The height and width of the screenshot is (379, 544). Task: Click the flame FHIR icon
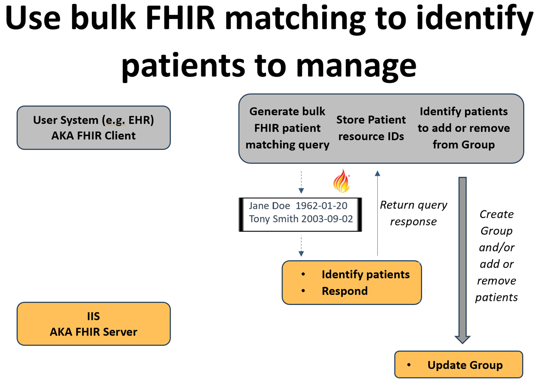[x=341, y=181]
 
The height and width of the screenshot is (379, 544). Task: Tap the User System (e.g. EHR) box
[x=93, y=128]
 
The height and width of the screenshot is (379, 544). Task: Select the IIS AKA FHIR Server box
[x=93, y=324]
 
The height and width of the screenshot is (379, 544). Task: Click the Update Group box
[x=458, y=364]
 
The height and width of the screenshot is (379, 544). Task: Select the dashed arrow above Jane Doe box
[x=301, y=182]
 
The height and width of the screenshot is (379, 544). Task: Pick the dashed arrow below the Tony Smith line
[x=301, y=246]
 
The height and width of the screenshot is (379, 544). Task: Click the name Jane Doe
[x=269, y=206]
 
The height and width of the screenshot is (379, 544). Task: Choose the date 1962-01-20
[x=321, y=206]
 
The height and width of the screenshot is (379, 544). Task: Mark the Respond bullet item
[x=344, y=291]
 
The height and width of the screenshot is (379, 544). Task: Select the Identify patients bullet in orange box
[x=365, y=274]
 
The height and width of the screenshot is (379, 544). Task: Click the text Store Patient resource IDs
[x=371, y=128]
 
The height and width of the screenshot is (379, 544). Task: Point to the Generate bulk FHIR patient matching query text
[x=287, y=128]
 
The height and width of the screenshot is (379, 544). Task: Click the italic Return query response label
[x=413, y=213]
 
